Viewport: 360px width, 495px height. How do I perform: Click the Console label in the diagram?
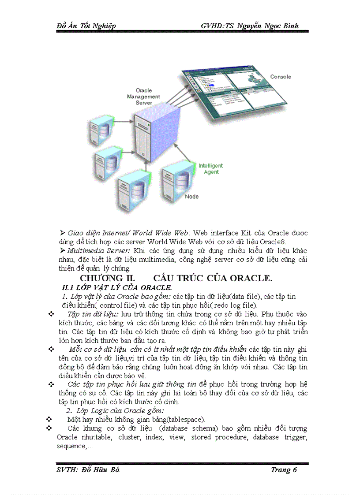(281, 77)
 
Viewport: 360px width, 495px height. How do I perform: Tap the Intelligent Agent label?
(210, 169)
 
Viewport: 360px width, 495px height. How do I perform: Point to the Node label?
(191, 197)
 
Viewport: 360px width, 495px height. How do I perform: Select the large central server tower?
(154, 137)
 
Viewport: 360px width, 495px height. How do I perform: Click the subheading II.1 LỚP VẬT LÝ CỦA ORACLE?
(117, 288)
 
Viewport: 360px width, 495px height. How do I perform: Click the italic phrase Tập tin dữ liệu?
(93, 314)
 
